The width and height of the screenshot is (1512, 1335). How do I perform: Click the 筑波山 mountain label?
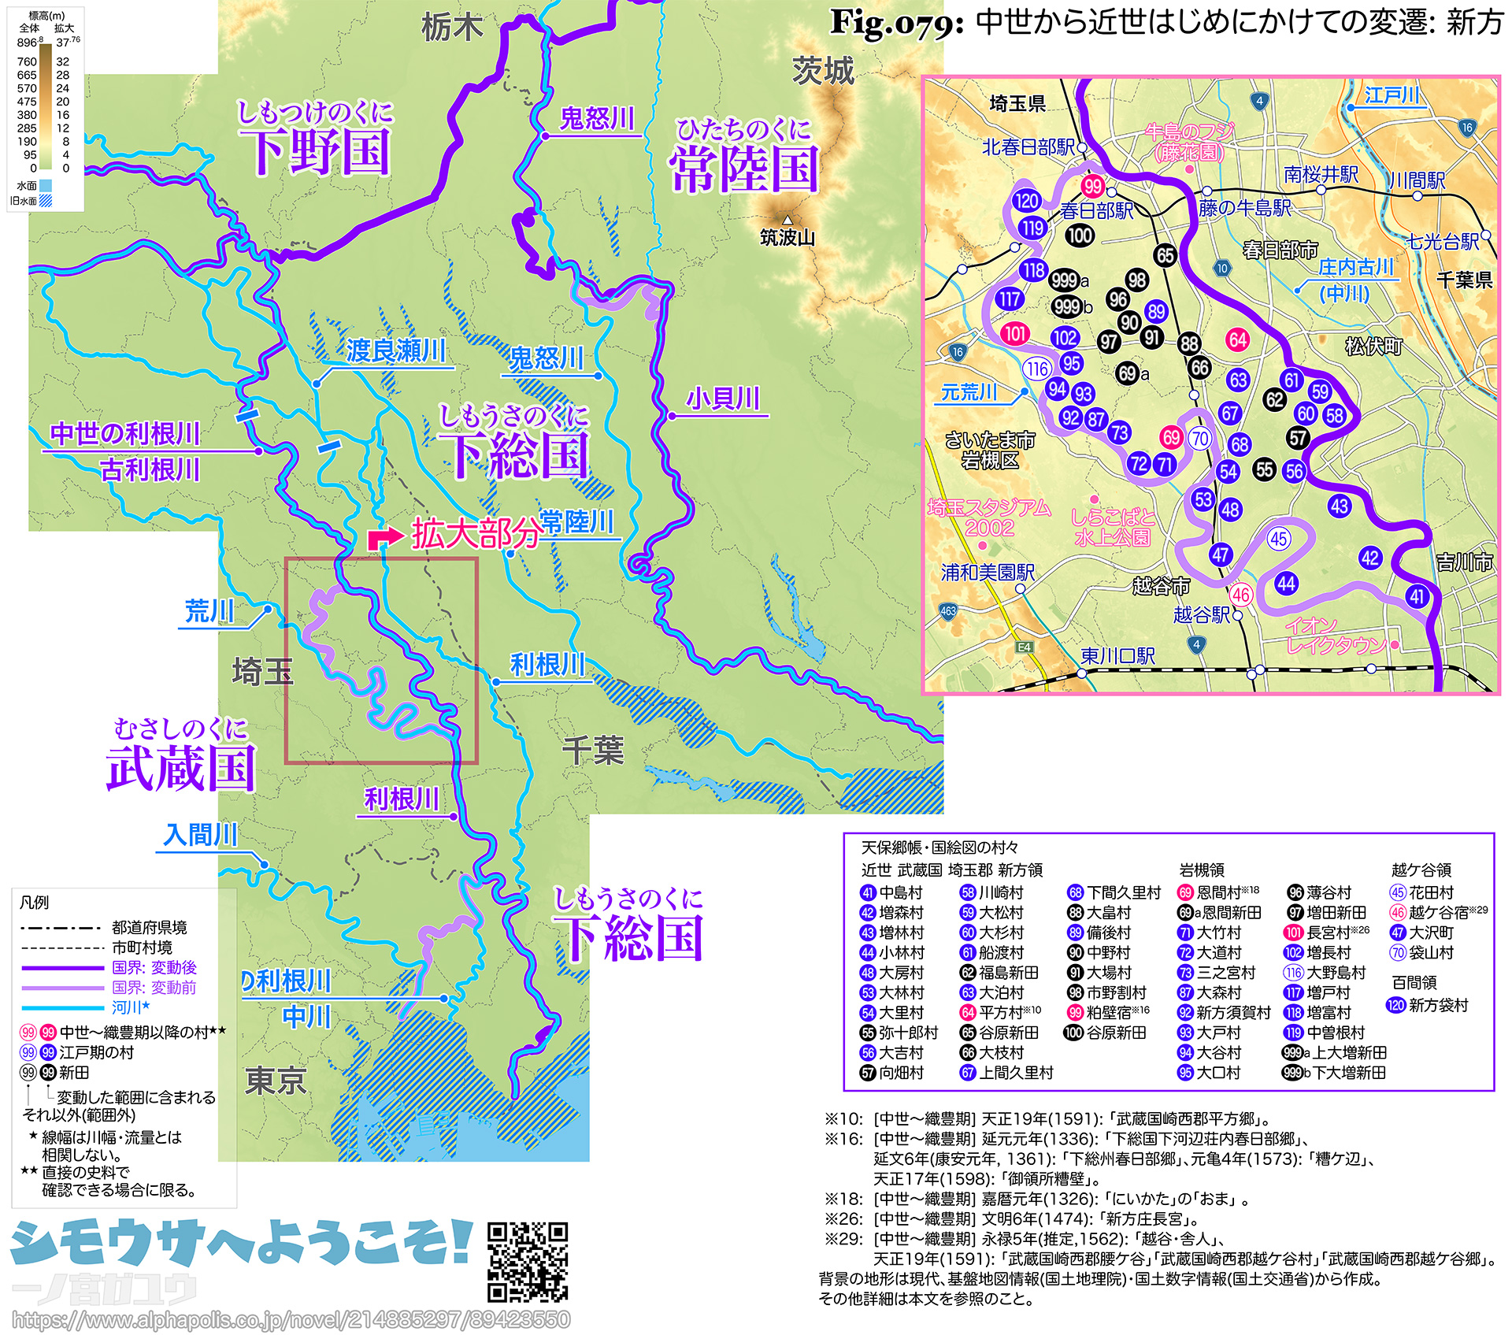pyautogui.click(x=787, y=237)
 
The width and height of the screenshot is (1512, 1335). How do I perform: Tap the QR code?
pyautogui.click(x=527, y=1262)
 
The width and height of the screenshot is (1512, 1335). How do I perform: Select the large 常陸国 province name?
pyautogui.click(x=744, y=169)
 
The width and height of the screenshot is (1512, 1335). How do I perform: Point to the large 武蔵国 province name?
pyautogui.click(x=181, y=768)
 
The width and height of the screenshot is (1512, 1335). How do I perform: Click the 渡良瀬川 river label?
pyautogui.click(x=395, y=351)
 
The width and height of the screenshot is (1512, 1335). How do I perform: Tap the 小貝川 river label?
pyautogui.click(x=723, y=399)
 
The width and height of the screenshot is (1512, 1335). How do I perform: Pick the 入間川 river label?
pyautogui.click(x=200, y=836)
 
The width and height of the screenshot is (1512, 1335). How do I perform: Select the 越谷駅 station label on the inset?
pyautogui.click(x=1201, y=614)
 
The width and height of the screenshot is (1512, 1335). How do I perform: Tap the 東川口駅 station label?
pyautogui.click(x=1117, y=656)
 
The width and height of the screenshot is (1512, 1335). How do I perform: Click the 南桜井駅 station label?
pyautogui.click(x=1321, y=175)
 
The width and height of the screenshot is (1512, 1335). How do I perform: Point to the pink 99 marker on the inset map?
pyautogui.click(x=1092, y=186)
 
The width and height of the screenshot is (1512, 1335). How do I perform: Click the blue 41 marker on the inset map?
pyautogui.click(x=1417, y=596)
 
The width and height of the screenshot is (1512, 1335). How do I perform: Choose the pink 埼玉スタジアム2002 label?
pyautogui.click(x=989, y=517)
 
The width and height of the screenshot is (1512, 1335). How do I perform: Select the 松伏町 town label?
pyautogui.click(x=1373, y=346)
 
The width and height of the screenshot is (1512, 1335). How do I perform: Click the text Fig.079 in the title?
pyautogui.click(x=897, y=23)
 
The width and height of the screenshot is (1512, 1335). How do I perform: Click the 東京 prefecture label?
pyautogui.click(x=275, y=1081)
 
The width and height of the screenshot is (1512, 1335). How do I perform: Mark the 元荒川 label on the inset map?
pyautogui.click(x=969, y=392)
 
